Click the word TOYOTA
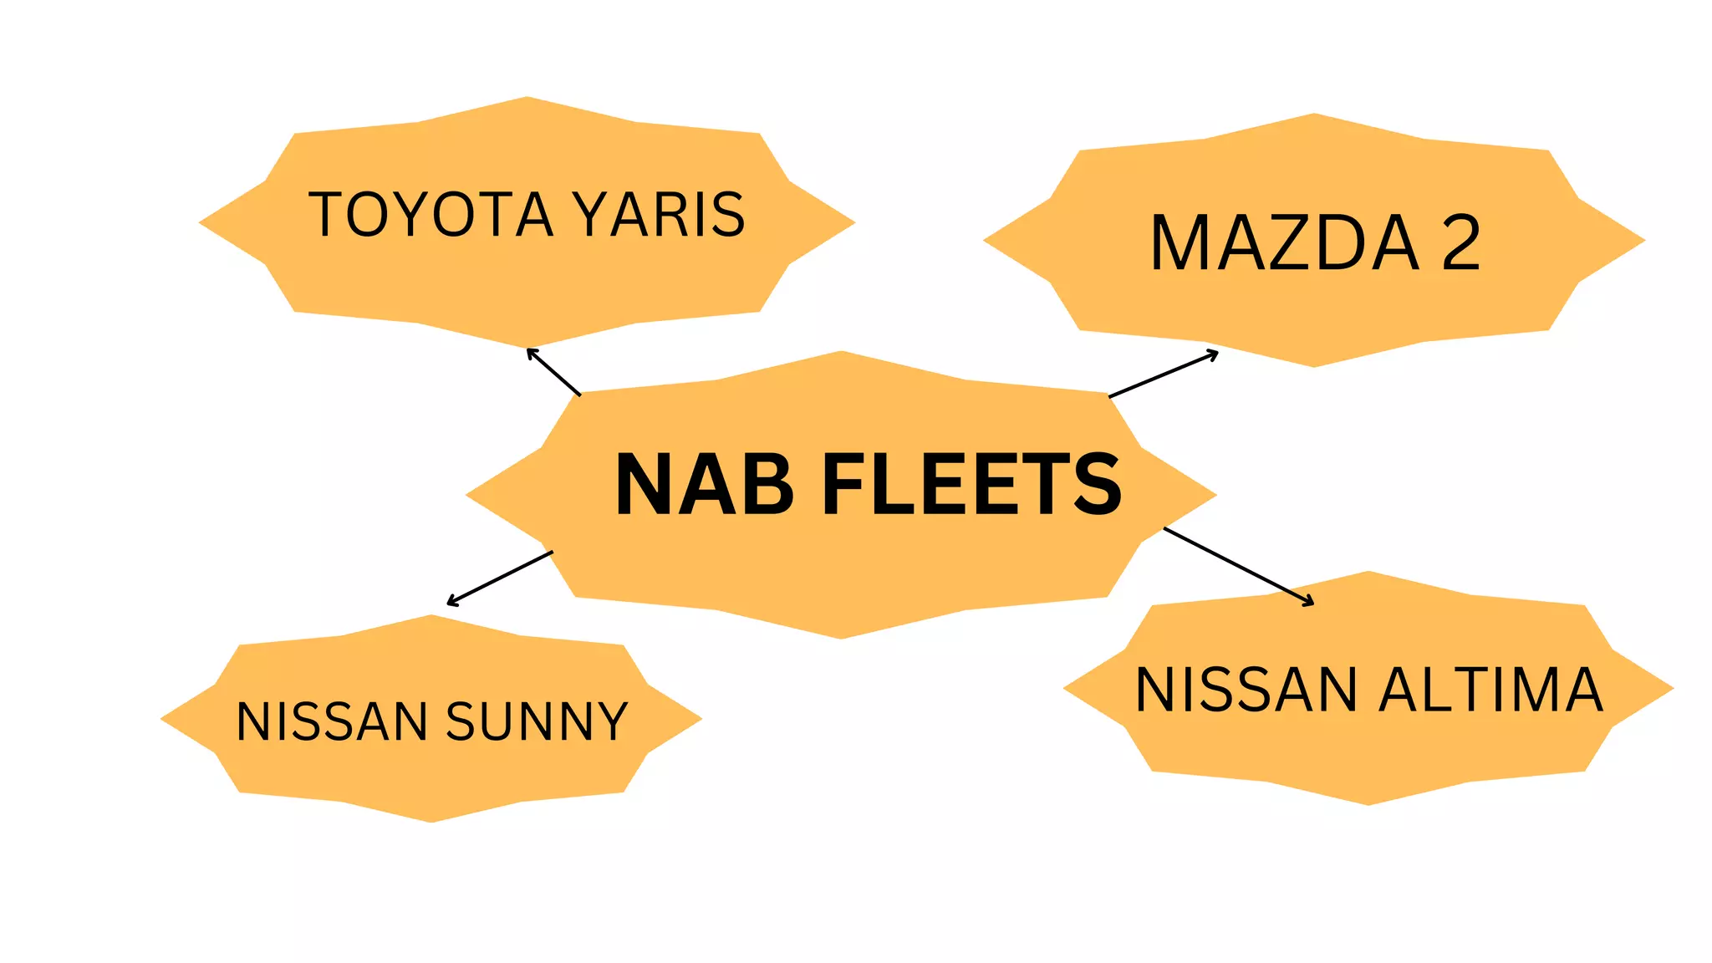click(x=431, y=214)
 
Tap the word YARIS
click(x=660, y=214)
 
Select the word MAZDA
click(x=1284, y=243)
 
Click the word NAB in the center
click(x=704, y=484)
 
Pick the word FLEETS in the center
click(x=971, y=484)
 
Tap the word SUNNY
click(x=537, y=721)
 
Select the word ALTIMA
click(x=1490, y=690)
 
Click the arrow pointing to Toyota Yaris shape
click(x=553, y=372)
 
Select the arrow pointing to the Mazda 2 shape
click(x=1163, y=374)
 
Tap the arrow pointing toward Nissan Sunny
click(x=500, y=578)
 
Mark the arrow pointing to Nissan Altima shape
click(x=1238, y=566)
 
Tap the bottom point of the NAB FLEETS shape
click(x=841, y=636)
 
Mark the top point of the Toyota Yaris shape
click(x=527, y=99)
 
